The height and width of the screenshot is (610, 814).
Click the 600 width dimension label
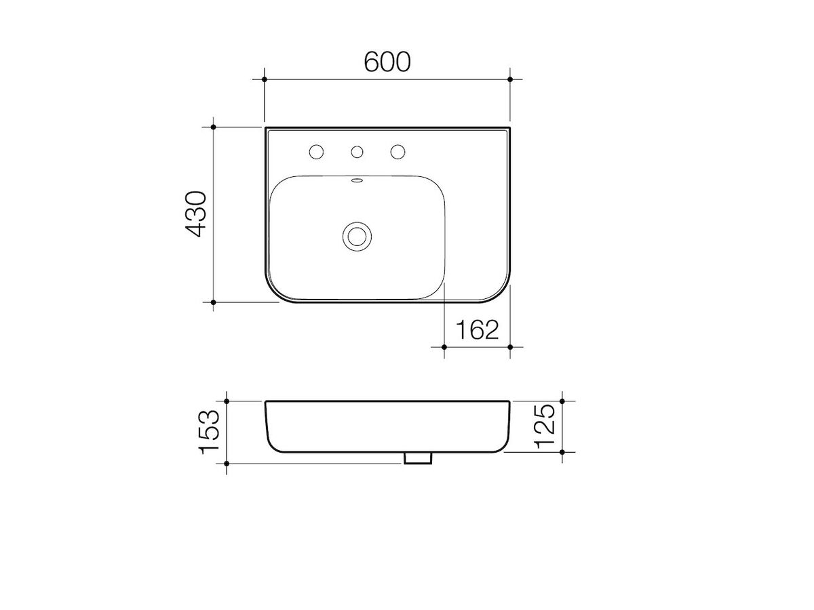pos(387,62)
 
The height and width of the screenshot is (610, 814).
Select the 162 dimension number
pos(476,330)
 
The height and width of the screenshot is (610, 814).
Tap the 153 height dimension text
pos(210,432)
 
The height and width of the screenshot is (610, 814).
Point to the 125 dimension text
pos(545,426)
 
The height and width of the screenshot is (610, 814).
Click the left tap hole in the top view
pos(315,152)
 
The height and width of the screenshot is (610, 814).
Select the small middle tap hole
pos(356,152)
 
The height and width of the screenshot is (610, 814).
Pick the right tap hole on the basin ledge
pos(397,152)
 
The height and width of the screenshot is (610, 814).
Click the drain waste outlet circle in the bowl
pos(356,236)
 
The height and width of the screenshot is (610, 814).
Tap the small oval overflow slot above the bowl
pos(357,181)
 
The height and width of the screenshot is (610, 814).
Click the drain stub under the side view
pos(418,458)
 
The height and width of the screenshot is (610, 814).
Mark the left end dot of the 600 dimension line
pos(265,79)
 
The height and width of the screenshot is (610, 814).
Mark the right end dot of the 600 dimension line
pos(510,79)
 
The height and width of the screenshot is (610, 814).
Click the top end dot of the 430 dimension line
pos(213,127)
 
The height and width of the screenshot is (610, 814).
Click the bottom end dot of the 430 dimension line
pos(213,302)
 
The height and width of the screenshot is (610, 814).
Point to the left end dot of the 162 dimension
pos(443,347)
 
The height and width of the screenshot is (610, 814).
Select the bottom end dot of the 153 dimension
pos(227,464)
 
